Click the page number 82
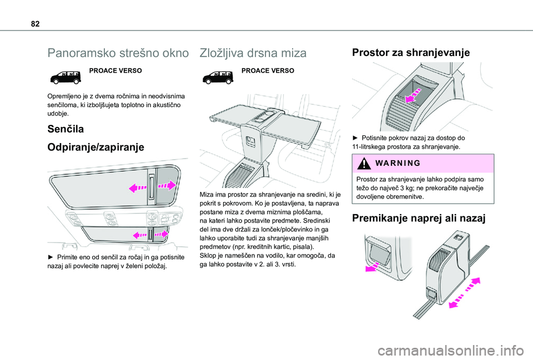coord(35,24)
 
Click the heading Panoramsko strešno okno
coord(118,53)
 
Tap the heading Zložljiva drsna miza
coord(253,53)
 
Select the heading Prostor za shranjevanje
coord(411,52)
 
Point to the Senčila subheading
coord(66,129)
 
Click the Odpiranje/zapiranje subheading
coord(96,148)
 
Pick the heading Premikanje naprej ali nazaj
coord(419,218)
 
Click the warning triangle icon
coord(364,164)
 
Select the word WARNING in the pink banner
coord(398,163)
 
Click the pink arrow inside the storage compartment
coord(413,95)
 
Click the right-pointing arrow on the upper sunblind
coord(167,185)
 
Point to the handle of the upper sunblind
coord(151,186)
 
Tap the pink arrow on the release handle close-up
coord(373,267)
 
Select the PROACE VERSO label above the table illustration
coord(268,70)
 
